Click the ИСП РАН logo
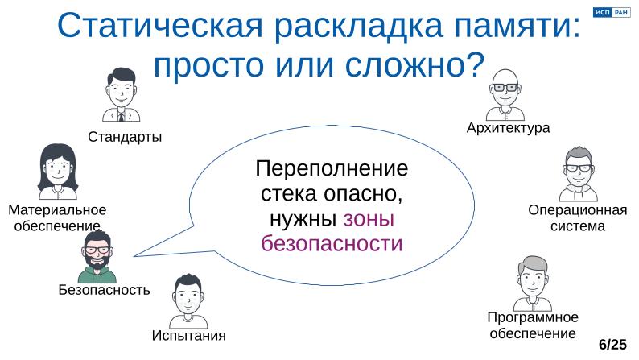coord(609,12)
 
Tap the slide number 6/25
coord(612,345)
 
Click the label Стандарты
coord(125,137)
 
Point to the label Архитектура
coord(508,128)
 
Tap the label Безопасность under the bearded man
coord(105,290)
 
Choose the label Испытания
coord(188,335)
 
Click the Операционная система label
coord(577,218)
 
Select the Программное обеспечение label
coord(533,325)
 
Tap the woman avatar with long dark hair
coord(58,172)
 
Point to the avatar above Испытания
coord(188,301)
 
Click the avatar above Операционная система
coord(578,173)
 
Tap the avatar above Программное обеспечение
coord(532,282)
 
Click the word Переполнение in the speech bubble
coord(332,170)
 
